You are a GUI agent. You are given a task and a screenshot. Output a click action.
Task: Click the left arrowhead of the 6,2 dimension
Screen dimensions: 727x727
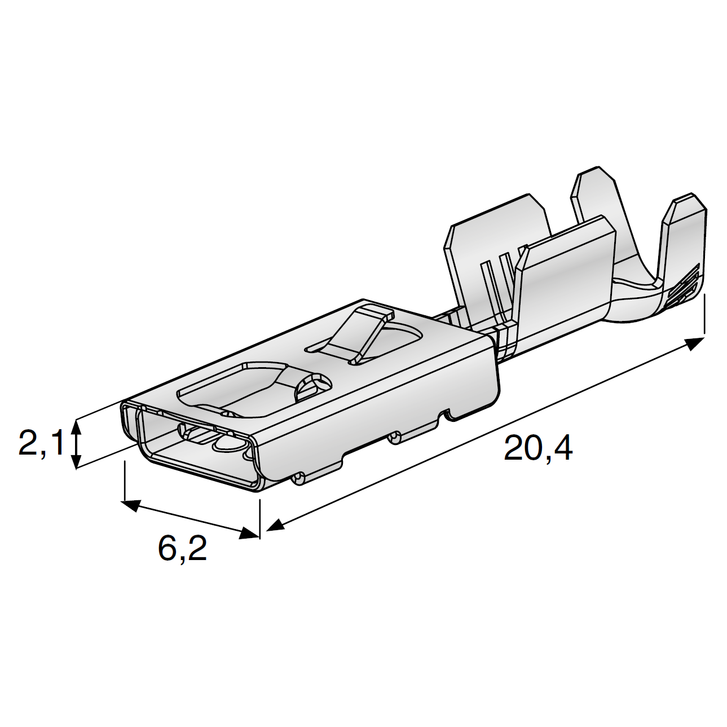coord(131,505)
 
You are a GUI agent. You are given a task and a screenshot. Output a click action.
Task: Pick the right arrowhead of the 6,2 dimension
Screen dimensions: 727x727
coord(249,533)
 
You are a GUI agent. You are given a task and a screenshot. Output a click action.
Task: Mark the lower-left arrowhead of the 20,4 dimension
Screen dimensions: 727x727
coord(275,525)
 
